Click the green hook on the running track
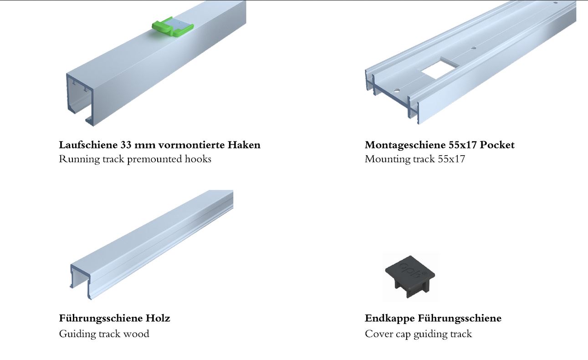173,26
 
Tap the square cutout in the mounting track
437,70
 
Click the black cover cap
410,277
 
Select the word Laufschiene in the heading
88,145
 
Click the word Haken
244,145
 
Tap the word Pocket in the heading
497,145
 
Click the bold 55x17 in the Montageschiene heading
463,145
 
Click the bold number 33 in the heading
126,145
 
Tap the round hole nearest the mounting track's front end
396,91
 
